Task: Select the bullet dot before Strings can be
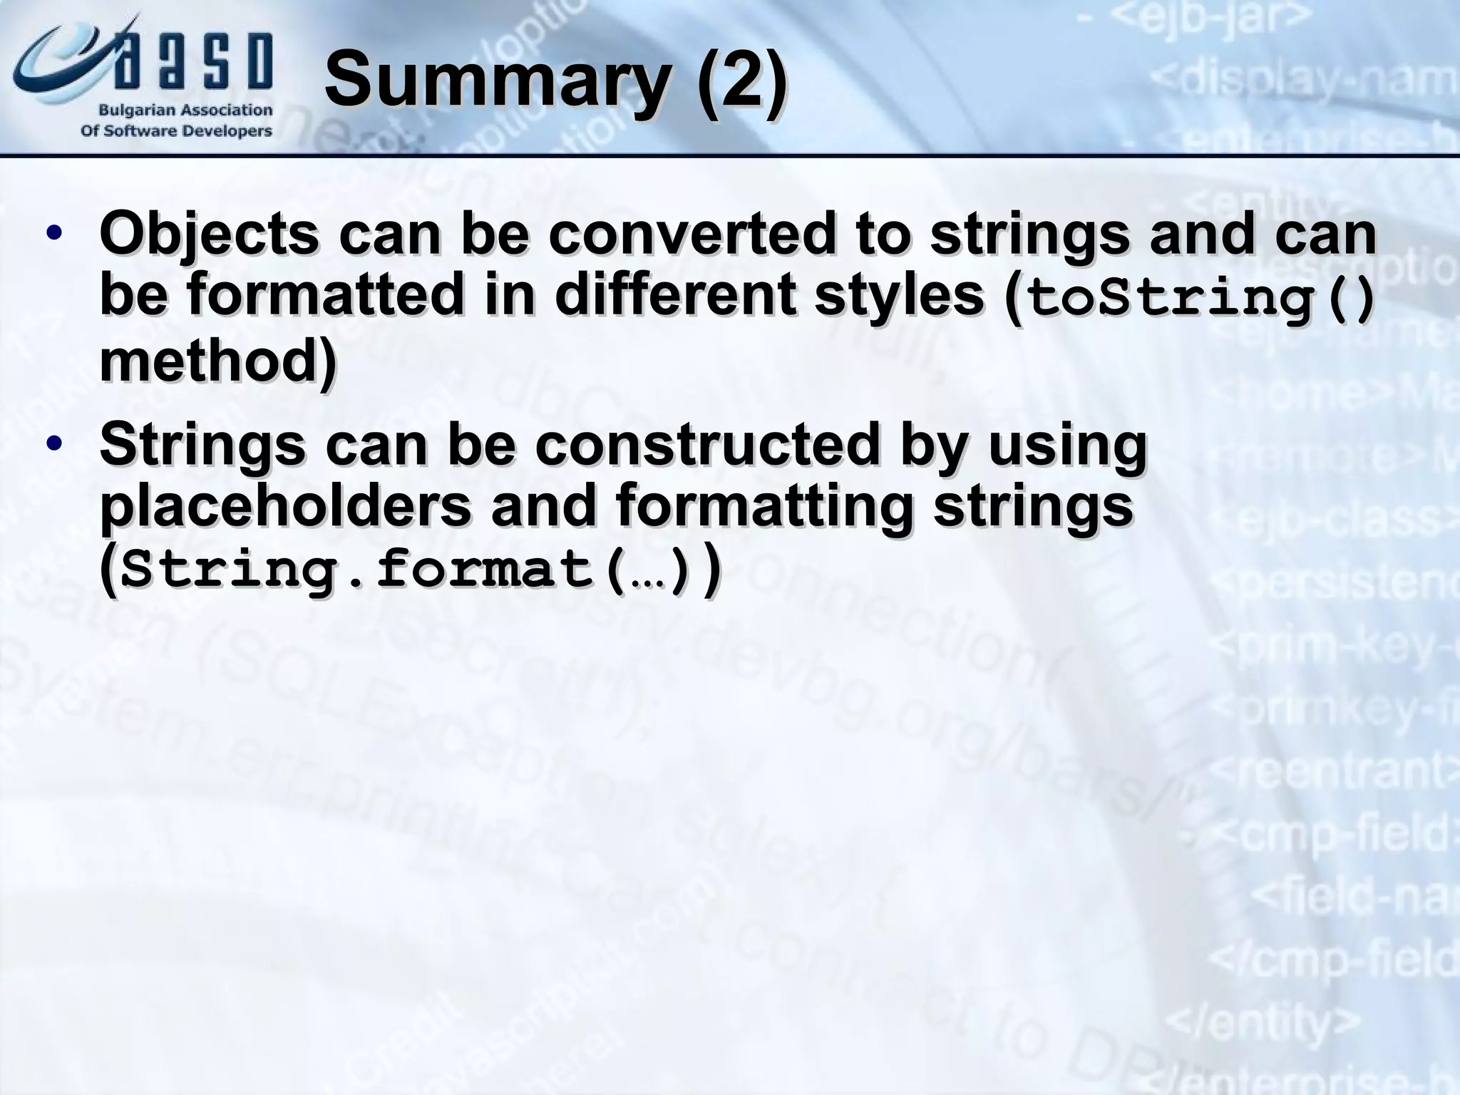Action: [53, 444]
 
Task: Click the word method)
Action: [217, 361]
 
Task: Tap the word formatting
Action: [764, 508]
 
